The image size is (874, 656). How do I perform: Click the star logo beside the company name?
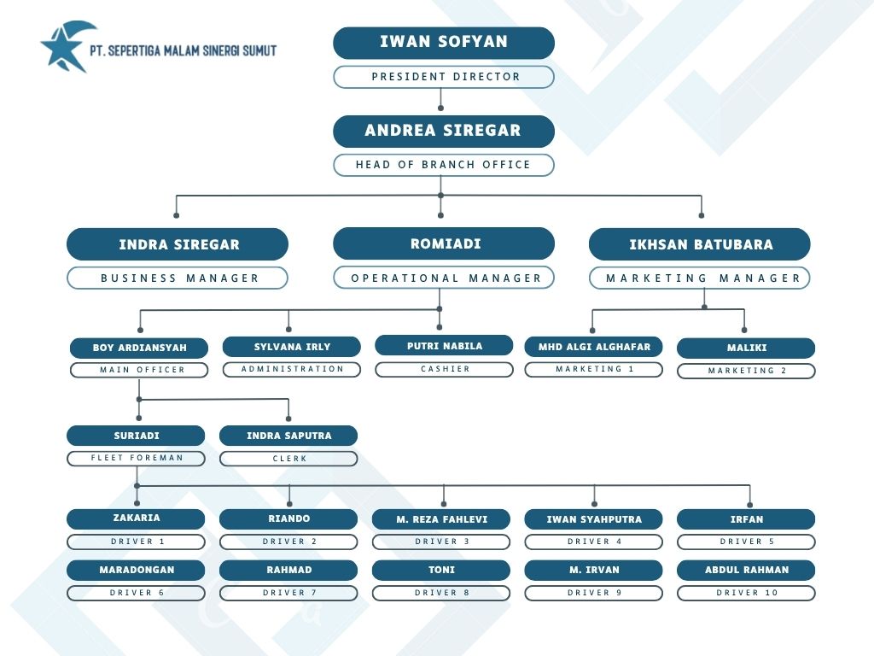pyautogui.click(x=67, y=48)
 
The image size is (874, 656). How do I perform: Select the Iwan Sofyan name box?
pyautogui.click(x=444, y=43)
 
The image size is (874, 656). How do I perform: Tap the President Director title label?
pyautogui.click(x=444, y=77)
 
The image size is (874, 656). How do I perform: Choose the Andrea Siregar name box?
pyautogui.click(x=444, y=131)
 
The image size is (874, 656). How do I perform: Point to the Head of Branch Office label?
pyautogui.click(x=444, y=165)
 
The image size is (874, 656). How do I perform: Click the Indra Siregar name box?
pyautogui.click(x=178, y=244)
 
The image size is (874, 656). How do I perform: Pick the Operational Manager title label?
pyautogui.click(x=444, y=278)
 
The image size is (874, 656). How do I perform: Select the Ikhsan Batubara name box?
pyautogui.click(x=700, y=244)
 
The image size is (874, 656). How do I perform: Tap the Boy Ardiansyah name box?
pyautogui.click(x=139, y=348)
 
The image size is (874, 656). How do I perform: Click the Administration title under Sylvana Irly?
pyautogui.click(x=292, y=369)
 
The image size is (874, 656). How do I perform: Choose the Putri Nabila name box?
pyautogui.click(x=444, y=345)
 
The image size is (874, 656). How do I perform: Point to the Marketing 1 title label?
pyautogui.click(x=594, y=369)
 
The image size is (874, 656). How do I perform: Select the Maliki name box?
pyautogui.click(x=746, y=348)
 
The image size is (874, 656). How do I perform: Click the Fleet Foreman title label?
pyautogui.click(x=136, y=458)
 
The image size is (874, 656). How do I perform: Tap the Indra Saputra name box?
pyautogui.click(x=288, y=436)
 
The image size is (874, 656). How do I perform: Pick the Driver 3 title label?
pyautogui.click(x=441, y=542)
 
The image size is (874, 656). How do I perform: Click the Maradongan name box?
pyautogui.click(x=136, y=570)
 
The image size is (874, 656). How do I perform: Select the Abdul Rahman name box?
pyautogui.click(x=746, y=570)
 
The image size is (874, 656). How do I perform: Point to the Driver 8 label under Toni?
pyautogui.click(x=441, y=593)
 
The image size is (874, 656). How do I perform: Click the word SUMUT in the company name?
pyautogui.click(x=259, y=50)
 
